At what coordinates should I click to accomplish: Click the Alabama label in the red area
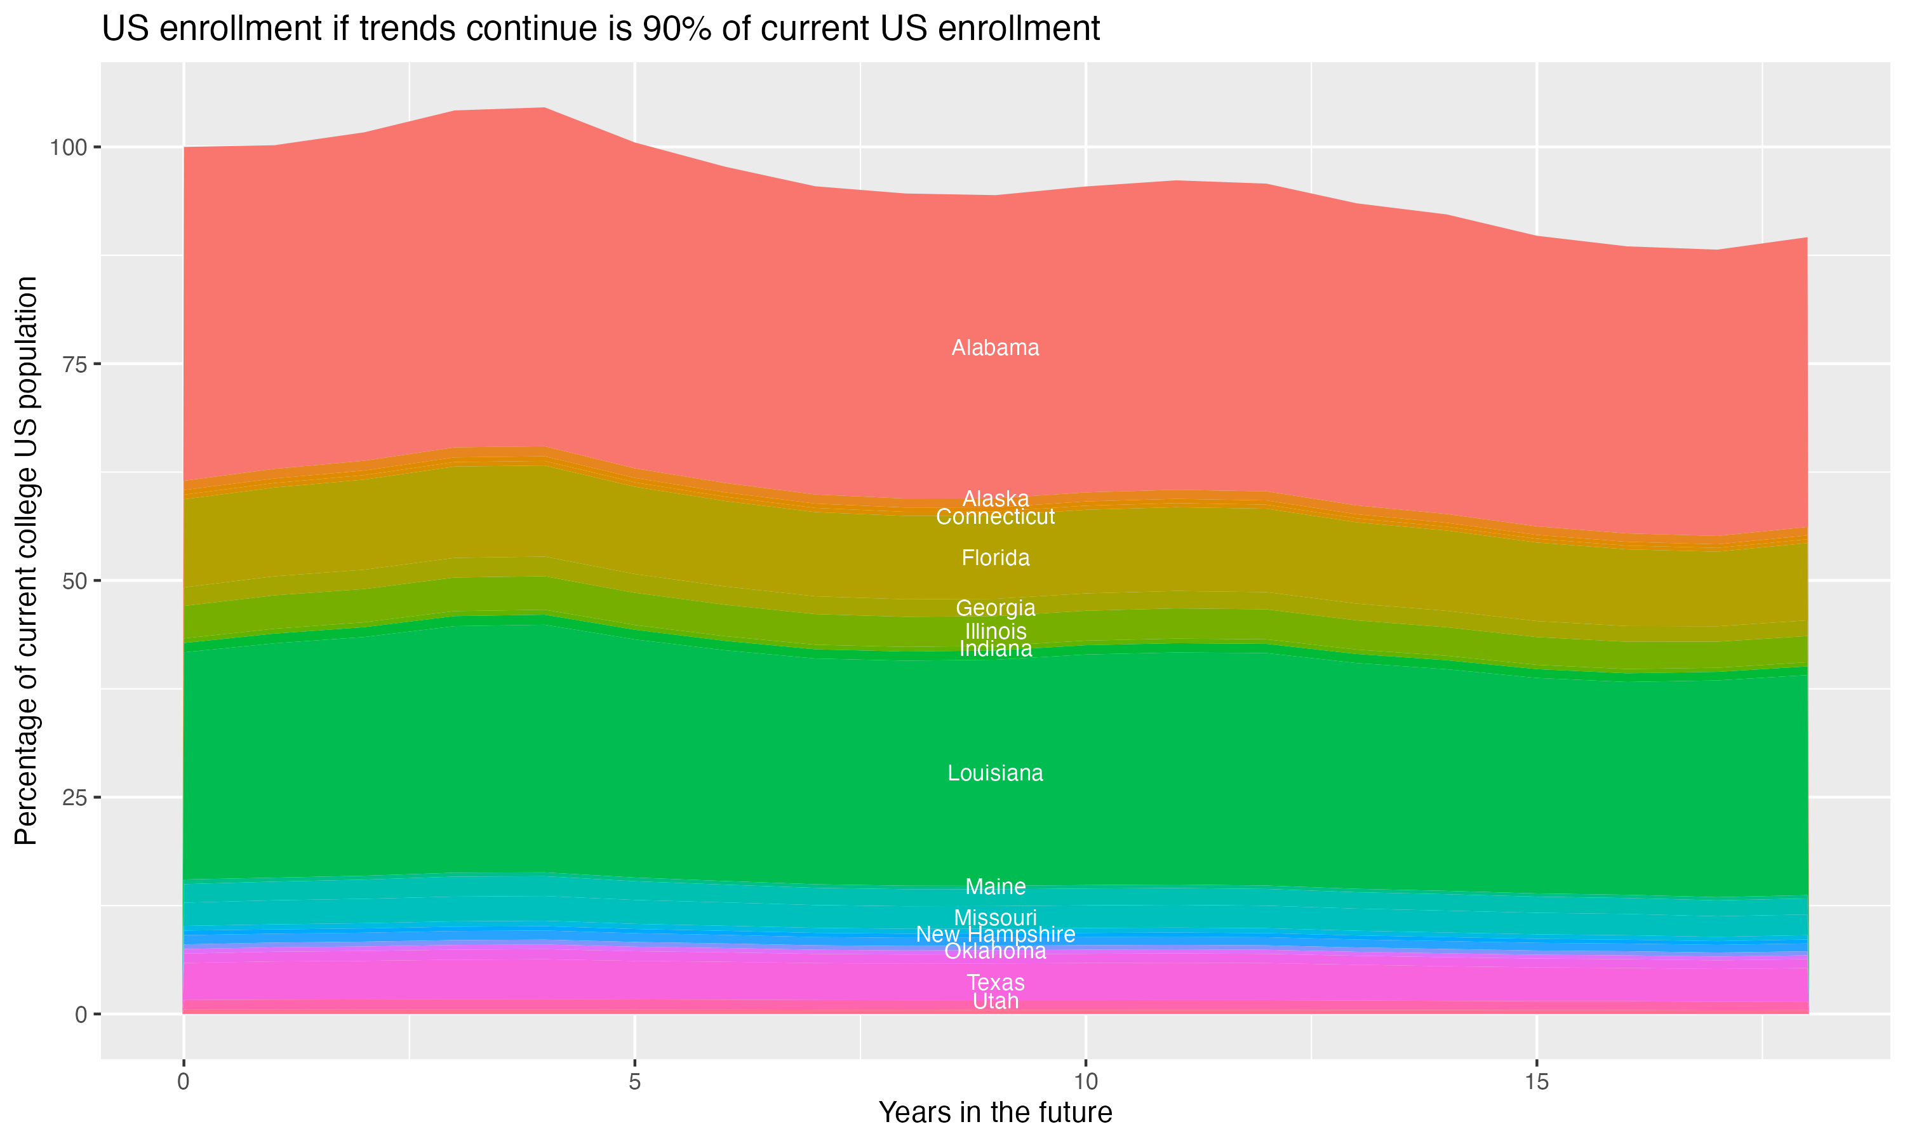coord(995,348)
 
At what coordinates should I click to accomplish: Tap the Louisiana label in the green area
coord(995,773)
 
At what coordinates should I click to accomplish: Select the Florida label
coord(995,558)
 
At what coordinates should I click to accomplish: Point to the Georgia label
coord(995,608)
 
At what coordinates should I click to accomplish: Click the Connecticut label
coord(995,517)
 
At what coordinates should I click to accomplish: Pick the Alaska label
coord(995,498)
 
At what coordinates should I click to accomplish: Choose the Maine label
coord(995,886)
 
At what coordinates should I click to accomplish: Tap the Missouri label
coord(995,918)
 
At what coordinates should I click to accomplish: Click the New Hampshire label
coord(995,934)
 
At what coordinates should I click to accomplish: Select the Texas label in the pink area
coord(995,983)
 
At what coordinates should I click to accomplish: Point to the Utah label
coord(995,1001)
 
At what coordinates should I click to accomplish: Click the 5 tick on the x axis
coord(634,1082)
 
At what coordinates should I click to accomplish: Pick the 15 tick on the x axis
coord(1536,1082)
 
